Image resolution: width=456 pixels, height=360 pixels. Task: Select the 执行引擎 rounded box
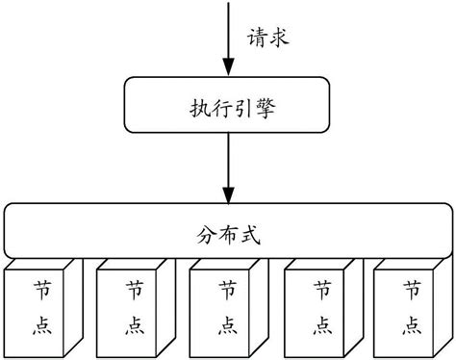pyautogui.click(x=228, y=108)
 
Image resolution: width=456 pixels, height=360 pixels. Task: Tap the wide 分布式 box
pyautogui.click(x=227, y=232)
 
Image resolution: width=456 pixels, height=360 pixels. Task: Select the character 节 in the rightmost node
pyautogui.click(x=411, y=288)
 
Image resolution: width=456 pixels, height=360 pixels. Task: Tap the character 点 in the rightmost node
pyautogui.click(x=411, y=325)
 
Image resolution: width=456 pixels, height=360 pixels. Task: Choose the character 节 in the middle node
pyautogui.click(x=227, y=288)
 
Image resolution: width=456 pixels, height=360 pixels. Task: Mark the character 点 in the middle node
pyautogui.click(x=227, y=325)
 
